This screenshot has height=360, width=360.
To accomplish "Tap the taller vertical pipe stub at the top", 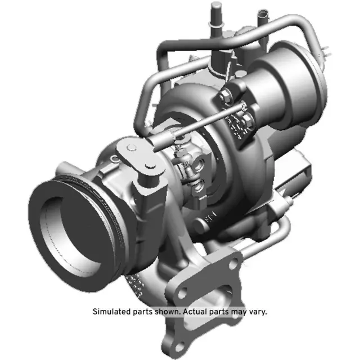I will (215, 20).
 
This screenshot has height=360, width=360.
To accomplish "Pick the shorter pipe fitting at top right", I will (261, 20).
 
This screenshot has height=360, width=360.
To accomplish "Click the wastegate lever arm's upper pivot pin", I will (130, 147).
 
